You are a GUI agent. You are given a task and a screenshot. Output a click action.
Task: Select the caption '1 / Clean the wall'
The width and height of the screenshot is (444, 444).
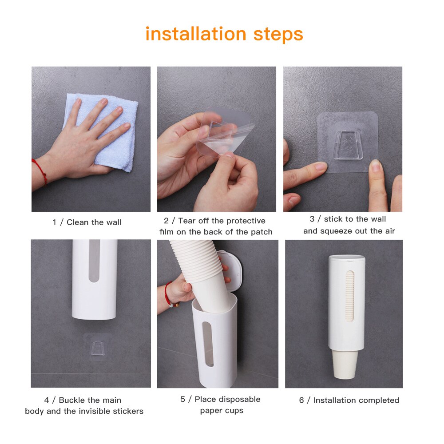click(x=87, y=222)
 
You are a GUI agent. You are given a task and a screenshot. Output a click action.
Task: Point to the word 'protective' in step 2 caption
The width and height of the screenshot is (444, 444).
click(x=246, y=221)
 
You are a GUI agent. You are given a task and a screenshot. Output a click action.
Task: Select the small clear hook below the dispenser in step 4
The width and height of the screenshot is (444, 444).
click(x=98, y=348)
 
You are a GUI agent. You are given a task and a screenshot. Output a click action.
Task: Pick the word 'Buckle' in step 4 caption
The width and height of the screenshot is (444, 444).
click(x=75, y=400)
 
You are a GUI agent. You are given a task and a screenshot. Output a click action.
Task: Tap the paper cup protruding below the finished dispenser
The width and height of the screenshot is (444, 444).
click(x=345, y=365)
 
